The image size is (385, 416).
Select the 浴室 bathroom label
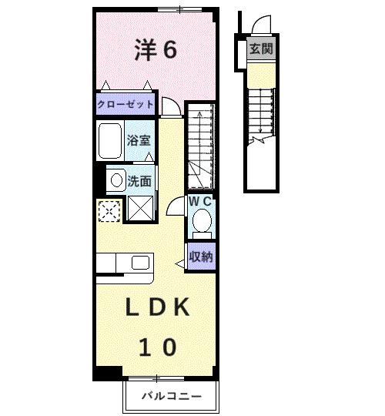pos(139,142)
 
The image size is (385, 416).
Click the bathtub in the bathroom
pos(110,140)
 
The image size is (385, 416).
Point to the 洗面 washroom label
pos(139,182)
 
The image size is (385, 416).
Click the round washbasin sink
pos(115,181)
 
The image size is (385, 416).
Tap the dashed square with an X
pos(109,210)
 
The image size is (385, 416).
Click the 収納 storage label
pos(201,257)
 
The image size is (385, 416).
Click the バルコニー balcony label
pos(171,398)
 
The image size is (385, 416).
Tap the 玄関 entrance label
pos(259,50)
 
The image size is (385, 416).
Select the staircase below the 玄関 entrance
pos(260,116)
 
